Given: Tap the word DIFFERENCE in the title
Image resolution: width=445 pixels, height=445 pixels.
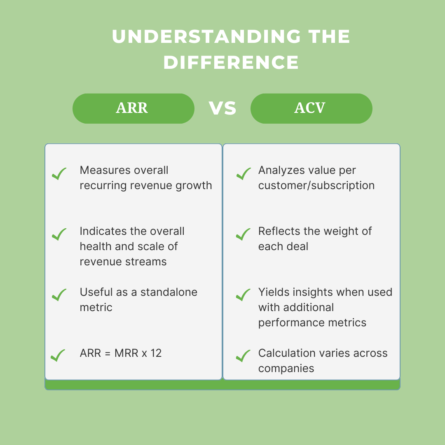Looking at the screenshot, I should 231,63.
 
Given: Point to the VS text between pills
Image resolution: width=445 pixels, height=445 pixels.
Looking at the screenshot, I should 222,109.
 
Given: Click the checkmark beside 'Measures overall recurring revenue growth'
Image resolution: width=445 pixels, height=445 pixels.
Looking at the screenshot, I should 59,174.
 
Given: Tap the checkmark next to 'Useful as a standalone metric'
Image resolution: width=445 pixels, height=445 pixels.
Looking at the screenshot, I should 59,295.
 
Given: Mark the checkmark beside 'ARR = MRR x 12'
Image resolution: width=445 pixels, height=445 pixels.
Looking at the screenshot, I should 58,356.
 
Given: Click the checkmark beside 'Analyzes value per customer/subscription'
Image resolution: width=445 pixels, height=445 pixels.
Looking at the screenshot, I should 244,174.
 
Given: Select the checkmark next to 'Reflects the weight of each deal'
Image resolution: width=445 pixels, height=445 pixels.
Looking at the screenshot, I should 244,234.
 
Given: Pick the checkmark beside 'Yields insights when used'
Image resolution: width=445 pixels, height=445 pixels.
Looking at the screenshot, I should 244,295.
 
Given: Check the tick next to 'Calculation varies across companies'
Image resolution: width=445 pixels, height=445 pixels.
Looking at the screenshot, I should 244,356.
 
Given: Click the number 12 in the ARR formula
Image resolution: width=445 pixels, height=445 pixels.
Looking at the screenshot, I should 156,354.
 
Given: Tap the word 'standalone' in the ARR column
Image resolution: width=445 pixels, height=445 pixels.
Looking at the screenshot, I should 169,293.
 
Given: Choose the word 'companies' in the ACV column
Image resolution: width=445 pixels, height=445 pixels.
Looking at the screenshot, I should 286,368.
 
